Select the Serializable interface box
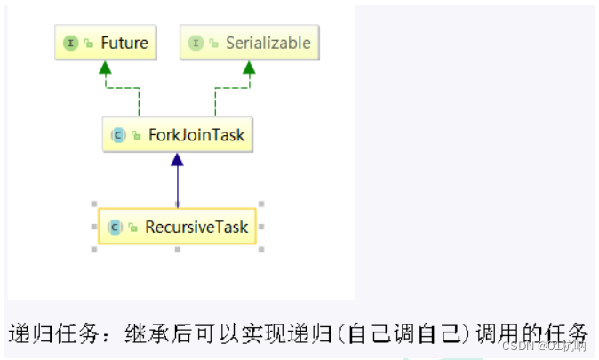tap(249, 43)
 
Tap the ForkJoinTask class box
tap(177, 136)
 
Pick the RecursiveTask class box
tap(178, 227)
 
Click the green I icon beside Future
tap(70, 43)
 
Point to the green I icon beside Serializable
tap(195, 43)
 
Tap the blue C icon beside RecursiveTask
tap(114, 228)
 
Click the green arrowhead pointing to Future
tap(105, 68)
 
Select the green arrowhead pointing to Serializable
tap(249, 68)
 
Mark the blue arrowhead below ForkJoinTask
tap(177, 160)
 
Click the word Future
tap(124, 43)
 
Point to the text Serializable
tap(268, 43)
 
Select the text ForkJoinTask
tap(196, 136)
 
